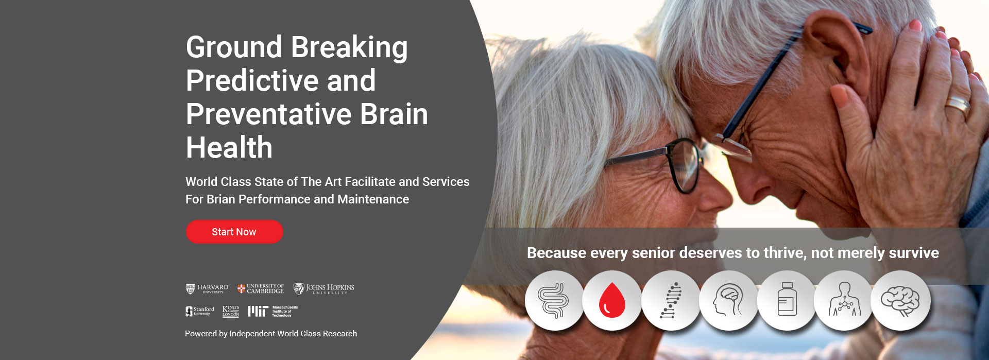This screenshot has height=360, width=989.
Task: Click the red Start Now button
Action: click(234, 232)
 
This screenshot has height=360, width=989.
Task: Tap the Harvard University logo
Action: click(207, 289)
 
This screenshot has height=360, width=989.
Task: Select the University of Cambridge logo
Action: click(261, 289)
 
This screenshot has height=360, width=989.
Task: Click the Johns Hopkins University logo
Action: click(324, 289)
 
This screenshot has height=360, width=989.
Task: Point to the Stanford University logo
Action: click(200, 311)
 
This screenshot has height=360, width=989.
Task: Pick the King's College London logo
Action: click(231, 311)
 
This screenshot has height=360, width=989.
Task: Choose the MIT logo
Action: click(273, 311)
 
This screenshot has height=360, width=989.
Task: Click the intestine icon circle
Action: click(554, 301)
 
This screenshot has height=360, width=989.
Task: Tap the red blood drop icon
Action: click(612, 301)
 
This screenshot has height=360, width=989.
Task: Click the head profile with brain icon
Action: click(728, 300)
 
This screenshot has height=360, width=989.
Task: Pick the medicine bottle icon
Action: click(787, 299)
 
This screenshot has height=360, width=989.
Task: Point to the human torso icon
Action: click(845, 299)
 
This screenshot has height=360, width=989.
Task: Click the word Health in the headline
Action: click(229, 148)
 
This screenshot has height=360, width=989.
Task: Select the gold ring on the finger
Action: click(958, 106)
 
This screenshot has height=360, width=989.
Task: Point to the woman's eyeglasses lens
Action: click(684, 166)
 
